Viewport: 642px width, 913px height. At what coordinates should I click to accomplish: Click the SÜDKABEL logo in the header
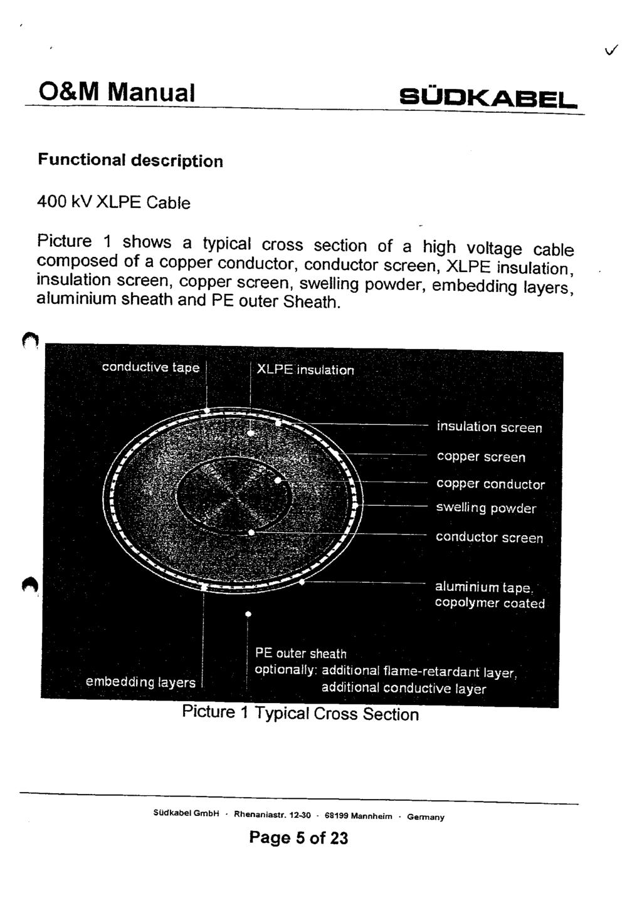pyautogui.click(x=488, y=98)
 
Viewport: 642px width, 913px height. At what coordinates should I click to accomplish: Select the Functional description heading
pyautogui.click(x=130, y=160)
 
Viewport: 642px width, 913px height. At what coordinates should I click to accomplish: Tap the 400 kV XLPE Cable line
pyautogui.click(x=113, y=202)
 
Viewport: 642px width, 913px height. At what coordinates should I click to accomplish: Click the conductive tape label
pyautogui.click(x=150, y=367)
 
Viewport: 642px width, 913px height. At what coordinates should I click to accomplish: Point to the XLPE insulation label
pyautogui.click(x=305, y=370)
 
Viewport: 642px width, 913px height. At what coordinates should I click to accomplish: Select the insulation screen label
pyautogui.click(x=490, y=427)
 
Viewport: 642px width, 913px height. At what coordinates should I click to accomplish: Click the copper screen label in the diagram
pyautogui.click(x=481, y=456)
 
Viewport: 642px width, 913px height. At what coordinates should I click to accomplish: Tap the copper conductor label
pyautogui.click(x=490, y=484)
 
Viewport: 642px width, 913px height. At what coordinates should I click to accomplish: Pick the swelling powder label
pyautogui.click(x=486, y=508)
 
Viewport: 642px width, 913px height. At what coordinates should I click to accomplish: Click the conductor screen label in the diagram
pyautogui.click(x=489, y=537)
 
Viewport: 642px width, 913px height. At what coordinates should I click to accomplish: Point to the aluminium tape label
pyautogui.click(x=484, y=587)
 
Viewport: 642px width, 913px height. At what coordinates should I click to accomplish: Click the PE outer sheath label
pyautogui.click(x=300, y=654)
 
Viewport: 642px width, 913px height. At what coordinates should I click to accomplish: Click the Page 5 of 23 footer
pyautogui.click(x=298, y=838)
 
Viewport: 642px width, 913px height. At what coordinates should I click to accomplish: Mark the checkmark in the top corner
pyautogui.click(x=611, y=50)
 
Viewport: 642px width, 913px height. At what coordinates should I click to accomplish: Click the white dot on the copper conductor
pyautogui.click(x=278, y=480)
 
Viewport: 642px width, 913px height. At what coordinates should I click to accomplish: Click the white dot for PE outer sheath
pyautogui.click(x=248, y=614)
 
